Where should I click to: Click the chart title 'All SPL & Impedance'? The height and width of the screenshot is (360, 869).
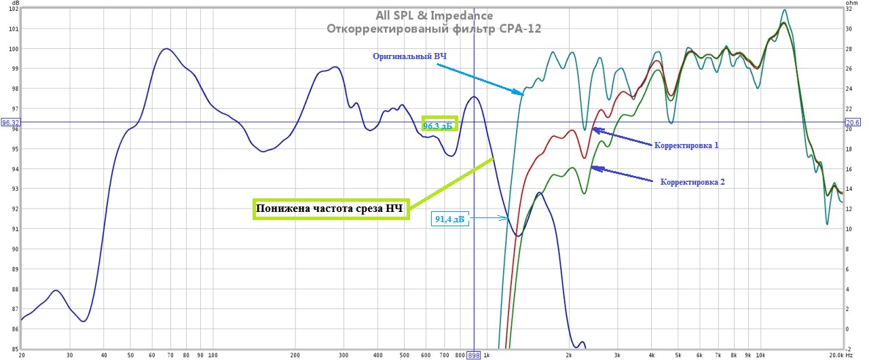pyautogui.click(x=434, y=16)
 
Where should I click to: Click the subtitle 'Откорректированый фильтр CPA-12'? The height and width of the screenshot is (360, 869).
pyautogui.click(x=434, y=29)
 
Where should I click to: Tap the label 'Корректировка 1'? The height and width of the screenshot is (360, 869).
pyautogui.click(x=686, y=145)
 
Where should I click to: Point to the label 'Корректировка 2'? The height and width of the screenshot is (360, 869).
pyautogui.click(x=692, y=182)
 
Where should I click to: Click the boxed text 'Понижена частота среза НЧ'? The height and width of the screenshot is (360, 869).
pyautogui.click(x=330, y=209)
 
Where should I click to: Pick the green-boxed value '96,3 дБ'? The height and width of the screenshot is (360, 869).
pyautogui.click(x=439, y=126)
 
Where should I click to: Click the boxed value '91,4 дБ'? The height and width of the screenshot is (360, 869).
pyautogui.click(x=451, y=219)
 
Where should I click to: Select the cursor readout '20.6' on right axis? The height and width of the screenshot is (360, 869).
pyautogui.click(x=853, y=123)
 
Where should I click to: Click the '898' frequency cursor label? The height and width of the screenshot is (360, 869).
pyautogui.click(x=474, y=355)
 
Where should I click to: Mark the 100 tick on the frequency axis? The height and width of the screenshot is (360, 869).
pyautogui.click(x=212, y=355)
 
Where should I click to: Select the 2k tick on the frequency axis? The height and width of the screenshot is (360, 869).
pyautogui.click(x=569, y=355)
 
